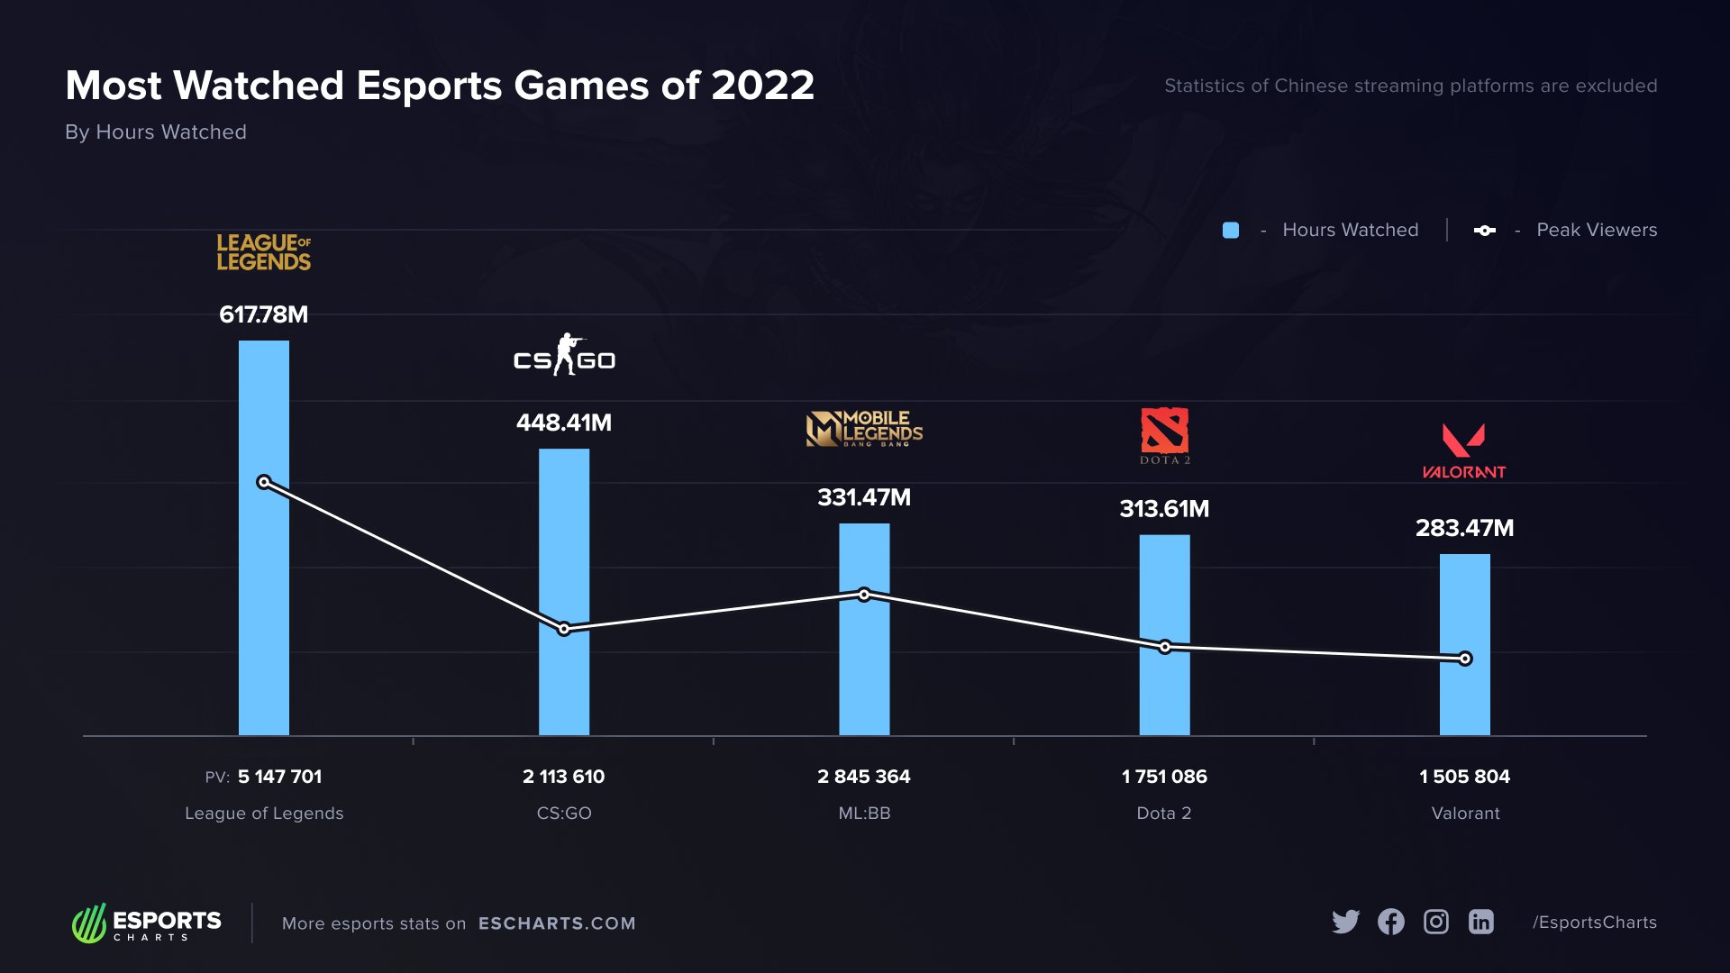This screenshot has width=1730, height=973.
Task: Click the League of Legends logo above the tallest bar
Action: (x=263, y=252)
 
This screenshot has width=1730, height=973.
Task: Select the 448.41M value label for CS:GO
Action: (x=564, y=423)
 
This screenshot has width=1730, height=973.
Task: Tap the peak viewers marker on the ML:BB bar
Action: (x=864, y=595)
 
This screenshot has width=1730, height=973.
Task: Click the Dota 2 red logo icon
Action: (x=1164, y=431)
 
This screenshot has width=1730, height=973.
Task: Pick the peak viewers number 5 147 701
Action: (x=279, y=777)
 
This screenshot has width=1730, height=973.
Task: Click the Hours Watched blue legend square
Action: (x=1231, y=231)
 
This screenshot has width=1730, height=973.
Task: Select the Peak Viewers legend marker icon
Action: (x=1484, y=231)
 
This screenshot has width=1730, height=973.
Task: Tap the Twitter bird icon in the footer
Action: (x=1345, y=922)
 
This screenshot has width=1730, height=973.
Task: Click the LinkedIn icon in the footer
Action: (x=1481, y=922)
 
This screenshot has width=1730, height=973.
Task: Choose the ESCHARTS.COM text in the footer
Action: (x=557, y=923)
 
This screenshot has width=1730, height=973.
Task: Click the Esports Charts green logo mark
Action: (x=89, y=923)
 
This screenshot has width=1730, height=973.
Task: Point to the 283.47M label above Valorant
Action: (x=1464, y=528)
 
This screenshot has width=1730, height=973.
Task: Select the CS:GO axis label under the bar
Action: (x=564, y=813)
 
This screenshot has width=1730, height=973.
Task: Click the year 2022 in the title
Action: (x=762, y=86)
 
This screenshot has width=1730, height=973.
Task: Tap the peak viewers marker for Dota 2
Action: (x=1165, y=647)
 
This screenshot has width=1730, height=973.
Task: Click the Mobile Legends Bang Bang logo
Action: (x=864, y=430)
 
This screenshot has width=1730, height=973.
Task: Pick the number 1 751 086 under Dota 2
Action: (x=1164, y=777)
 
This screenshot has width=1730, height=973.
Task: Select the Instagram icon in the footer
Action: (x=1436, y=922)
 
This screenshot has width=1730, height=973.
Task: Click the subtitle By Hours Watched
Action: (x=156, y=132)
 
